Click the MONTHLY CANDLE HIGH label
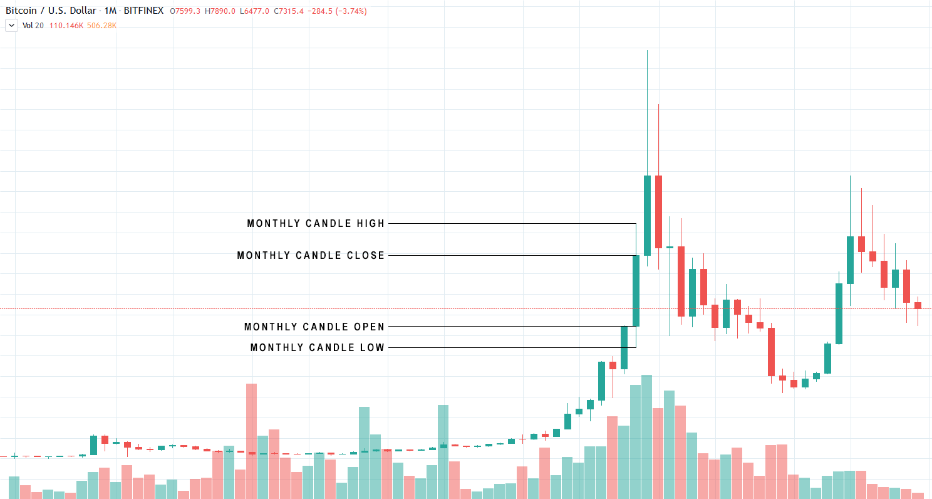point(316,224)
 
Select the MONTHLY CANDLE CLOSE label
point(311,256)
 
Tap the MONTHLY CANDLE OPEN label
point(314,327)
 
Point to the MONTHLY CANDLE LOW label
point(318,348)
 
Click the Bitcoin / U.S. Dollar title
point(51,11)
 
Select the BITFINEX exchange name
point(145,11)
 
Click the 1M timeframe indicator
point(111,11)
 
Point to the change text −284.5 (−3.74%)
point(338,11)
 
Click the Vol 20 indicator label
point(33,26)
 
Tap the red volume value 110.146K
point(66,26)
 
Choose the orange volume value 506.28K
point(102,26)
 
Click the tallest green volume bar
point(647,436)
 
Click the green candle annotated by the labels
point(636,291)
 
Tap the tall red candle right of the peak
point(658,212)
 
